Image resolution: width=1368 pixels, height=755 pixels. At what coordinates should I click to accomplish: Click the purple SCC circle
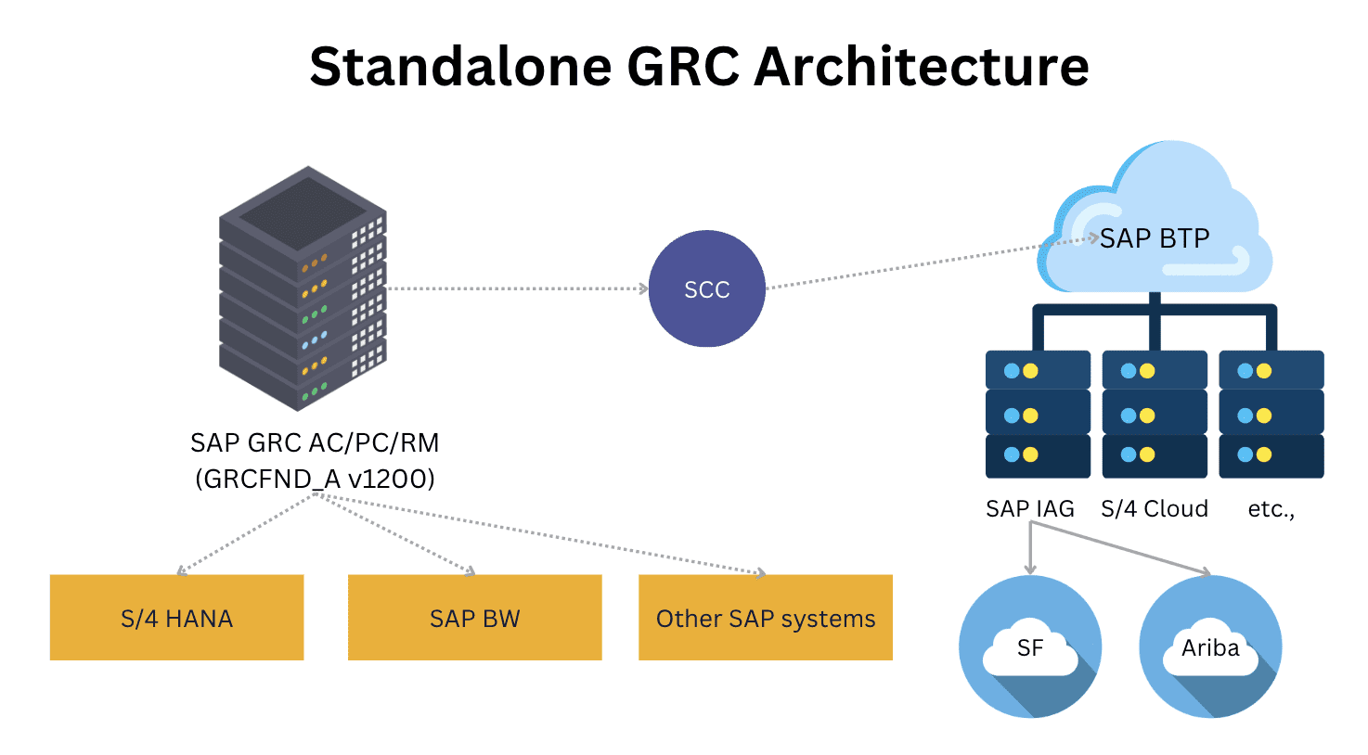706,288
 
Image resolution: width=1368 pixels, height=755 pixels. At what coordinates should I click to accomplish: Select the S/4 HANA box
176,618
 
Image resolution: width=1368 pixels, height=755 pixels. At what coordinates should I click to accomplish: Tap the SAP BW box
474,618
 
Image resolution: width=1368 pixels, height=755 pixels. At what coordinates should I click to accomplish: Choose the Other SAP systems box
765,618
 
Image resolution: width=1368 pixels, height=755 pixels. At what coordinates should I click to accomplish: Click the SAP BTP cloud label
1155,238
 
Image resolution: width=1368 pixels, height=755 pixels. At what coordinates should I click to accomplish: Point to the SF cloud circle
1029,646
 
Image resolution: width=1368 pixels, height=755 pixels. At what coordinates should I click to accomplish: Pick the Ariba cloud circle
1210,646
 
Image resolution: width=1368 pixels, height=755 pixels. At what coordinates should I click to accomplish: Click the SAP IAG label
1029,508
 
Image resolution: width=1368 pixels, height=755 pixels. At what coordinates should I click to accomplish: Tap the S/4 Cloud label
1155,508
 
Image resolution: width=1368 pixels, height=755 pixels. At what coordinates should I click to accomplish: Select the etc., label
1271,508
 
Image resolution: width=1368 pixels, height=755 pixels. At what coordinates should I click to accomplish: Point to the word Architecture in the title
921,67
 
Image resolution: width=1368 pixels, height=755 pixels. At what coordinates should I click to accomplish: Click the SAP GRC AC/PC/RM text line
315,442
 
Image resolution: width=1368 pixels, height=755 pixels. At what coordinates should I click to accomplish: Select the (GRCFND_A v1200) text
315,479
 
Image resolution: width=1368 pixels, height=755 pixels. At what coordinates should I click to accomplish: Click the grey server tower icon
303,288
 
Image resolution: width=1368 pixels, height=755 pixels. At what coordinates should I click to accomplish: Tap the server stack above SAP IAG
1038,414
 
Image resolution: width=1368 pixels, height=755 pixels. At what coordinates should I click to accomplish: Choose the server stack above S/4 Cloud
1155,414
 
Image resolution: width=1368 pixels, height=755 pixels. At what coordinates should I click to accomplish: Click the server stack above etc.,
1271,414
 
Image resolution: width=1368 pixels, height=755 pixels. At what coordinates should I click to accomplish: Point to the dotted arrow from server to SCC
516,288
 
